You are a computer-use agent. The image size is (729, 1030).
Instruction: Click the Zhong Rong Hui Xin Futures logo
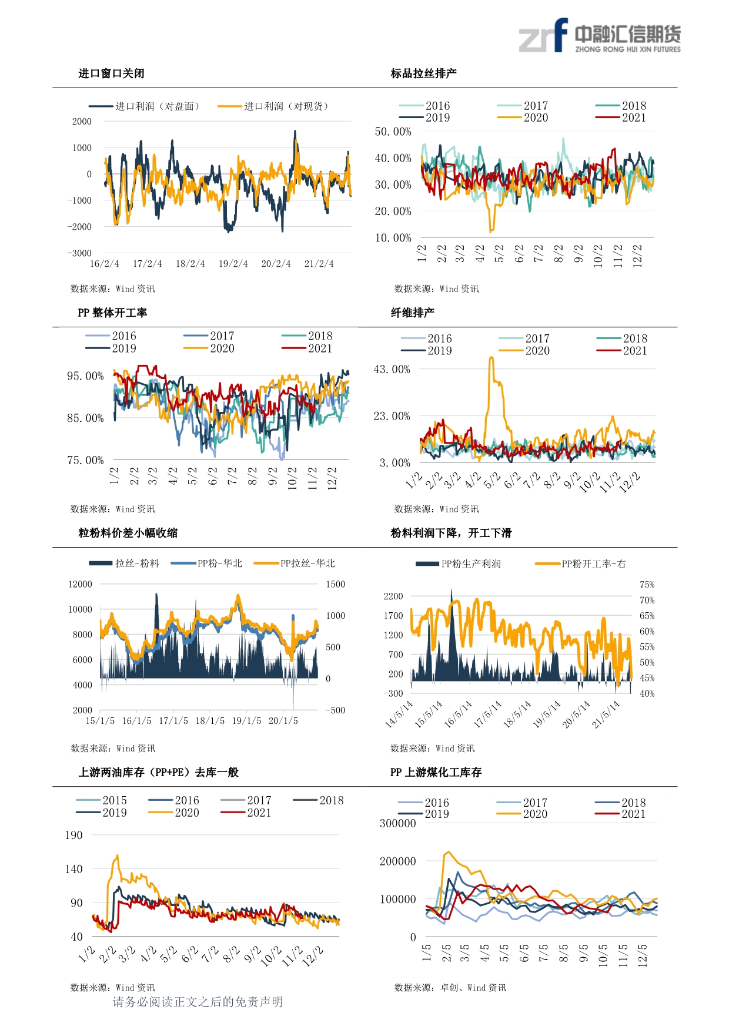click(x=599, y=36)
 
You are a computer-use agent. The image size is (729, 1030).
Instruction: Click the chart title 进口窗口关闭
click(x=112, y=73)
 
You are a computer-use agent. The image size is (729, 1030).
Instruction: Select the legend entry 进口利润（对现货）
click(x=273, y=106)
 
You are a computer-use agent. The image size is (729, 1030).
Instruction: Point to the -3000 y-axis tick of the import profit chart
click(x=79, y=253)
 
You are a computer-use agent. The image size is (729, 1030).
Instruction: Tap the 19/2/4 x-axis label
click(x=233, y=264)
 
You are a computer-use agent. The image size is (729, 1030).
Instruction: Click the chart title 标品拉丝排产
click(x=424, y=73)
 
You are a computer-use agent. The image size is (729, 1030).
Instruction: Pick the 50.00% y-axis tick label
click(x=393, y=132)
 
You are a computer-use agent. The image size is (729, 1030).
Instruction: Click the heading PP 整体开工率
click(x=112, y=313)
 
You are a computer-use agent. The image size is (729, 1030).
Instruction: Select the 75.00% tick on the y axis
click(x=85, y=460)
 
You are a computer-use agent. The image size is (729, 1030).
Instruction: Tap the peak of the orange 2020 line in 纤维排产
click(x=491, y=357)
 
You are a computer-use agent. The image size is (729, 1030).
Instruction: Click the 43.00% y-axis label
click(x=392, y=370)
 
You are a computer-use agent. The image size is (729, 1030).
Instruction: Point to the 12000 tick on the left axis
click(x=81, y=584)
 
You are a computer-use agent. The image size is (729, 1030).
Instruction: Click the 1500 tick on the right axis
click(x=336, y=584)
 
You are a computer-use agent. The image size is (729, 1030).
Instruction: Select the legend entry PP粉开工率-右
click(x=580, y=564)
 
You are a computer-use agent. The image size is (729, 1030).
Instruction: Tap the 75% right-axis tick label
click(x=647, y=585)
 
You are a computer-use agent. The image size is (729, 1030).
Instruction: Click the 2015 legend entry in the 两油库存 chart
click(x=102, y=800)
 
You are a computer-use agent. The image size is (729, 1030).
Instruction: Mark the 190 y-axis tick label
click(x=74, y=836)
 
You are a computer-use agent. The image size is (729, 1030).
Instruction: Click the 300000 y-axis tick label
click(x=398, y=823)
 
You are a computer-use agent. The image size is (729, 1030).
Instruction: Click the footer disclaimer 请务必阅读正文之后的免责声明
click(x=198, y=1002)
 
